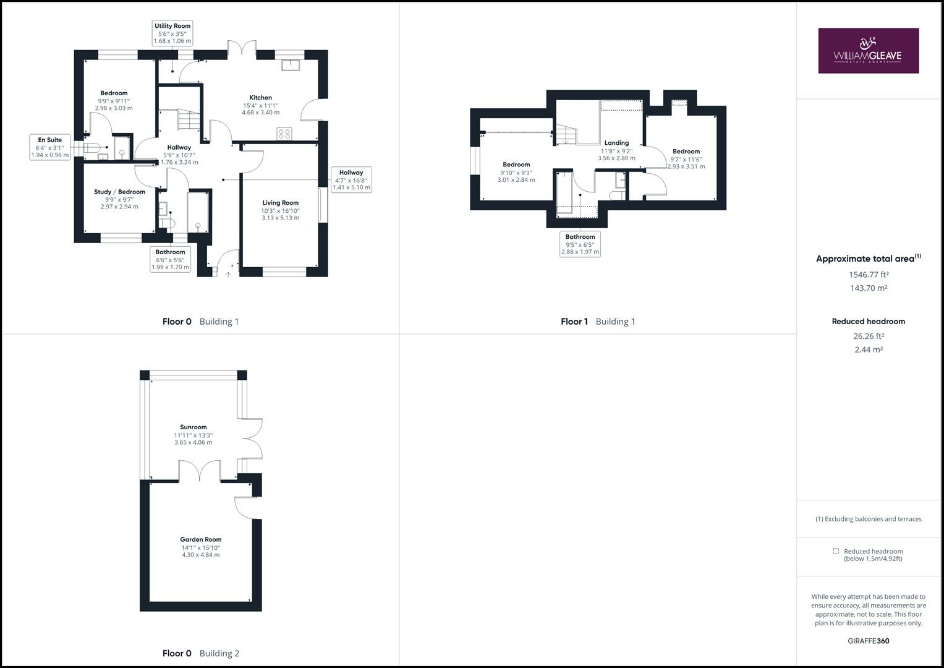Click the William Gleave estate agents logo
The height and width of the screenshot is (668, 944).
[x=868, y=51]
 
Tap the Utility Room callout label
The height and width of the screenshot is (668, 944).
[x=172, y=33]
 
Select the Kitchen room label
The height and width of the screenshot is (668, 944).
[x=260, y=98]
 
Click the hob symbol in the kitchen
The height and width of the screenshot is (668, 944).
[x=284, y=134]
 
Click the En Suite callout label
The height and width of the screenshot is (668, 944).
[x=50, y=147]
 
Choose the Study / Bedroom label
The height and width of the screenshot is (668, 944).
[x=119, y=192]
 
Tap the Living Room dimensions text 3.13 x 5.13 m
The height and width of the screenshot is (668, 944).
[x=280, y=218]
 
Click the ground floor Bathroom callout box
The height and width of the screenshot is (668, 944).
[x=170, y=260]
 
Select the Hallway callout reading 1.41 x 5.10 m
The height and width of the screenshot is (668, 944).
[x=351, y=180]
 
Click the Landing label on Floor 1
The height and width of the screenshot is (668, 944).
[x=616, y=143]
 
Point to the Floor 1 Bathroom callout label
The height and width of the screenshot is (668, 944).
[x=580, y=244]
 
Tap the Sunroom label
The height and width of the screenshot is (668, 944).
[x=193, y=427]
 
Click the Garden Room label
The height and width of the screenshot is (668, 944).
[x=201, y=539]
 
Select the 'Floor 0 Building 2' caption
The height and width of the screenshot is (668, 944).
[x=200, y=653]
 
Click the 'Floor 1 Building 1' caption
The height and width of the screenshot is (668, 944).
[x=598, y=322]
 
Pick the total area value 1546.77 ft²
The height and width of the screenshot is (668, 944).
[x=868, y=275]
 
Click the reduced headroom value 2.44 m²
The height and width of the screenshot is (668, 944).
[x=868, y=349]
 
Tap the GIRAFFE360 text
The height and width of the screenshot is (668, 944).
[x=868, y=641]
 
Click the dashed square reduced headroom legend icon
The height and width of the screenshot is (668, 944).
[x=836, y=551]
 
